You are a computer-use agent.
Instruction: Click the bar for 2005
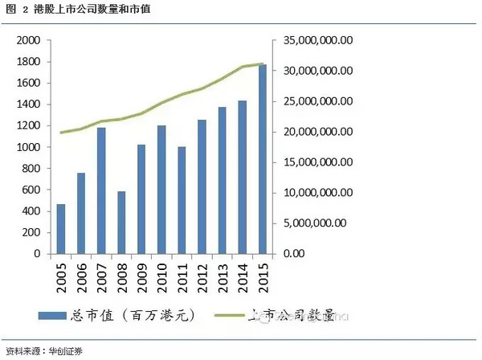pos(61,229)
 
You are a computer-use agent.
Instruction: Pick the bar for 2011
pos(182,200)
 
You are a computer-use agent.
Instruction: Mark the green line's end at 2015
pos(263,63)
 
